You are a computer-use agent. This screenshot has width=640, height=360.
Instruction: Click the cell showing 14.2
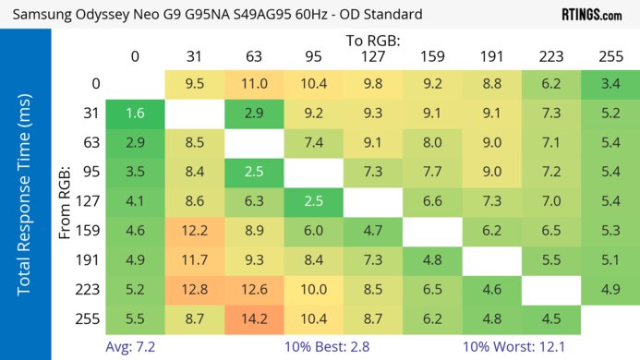click(x=252, y=318)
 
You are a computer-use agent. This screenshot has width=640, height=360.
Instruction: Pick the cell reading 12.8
click(x=193, y=289)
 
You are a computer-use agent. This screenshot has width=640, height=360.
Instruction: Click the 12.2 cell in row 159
click(x=193, y=231)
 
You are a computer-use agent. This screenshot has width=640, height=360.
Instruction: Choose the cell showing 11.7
click(x=193, y=260)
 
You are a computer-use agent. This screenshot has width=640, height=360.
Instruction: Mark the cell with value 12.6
click(x=252, y=289)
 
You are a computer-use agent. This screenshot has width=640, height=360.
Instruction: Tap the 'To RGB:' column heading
click(x=372, y=41)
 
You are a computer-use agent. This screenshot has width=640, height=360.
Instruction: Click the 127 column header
click(x=372, y=57)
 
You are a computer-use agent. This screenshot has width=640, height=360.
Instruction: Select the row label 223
click(x=92, y=289)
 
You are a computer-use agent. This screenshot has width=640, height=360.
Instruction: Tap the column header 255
click(x=610, y=57)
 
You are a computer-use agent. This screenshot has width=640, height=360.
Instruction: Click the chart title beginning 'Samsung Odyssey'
click(x=218, y=15)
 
